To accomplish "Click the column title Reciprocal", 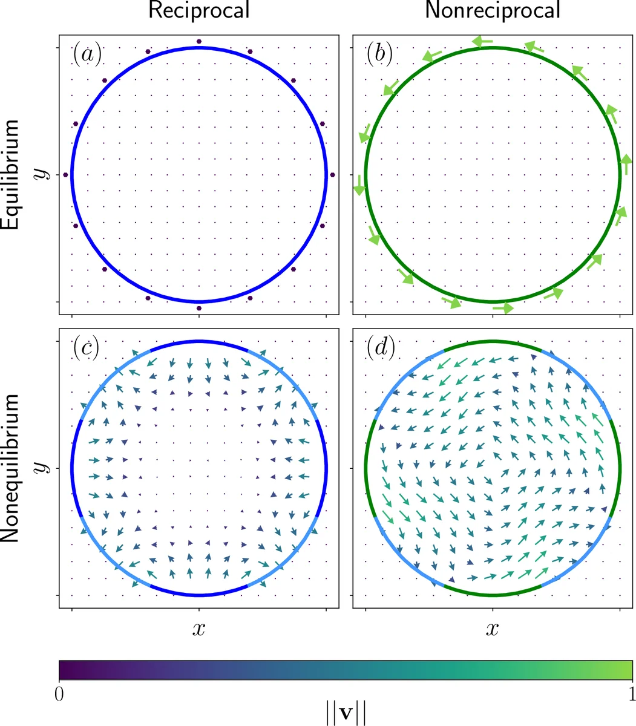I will coord(199,10).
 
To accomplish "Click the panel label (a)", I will coord(87,54).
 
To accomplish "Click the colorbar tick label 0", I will coord(59,691).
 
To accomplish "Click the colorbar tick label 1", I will coord(631,691).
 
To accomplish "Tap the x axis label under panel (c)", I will coord(199,629).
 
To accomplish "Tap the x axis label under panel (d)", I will coord(493,629).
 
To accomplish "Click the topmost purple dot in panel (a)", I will coord(199,41).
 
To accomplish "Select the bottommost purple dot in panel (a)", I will coord(199,308).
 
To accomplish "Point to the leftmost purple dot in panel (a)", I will coord(66,175).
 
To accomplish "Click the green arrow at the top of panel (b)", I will coord(483,42).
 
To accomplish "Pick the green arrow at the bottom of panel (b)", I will coord(502,308).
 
